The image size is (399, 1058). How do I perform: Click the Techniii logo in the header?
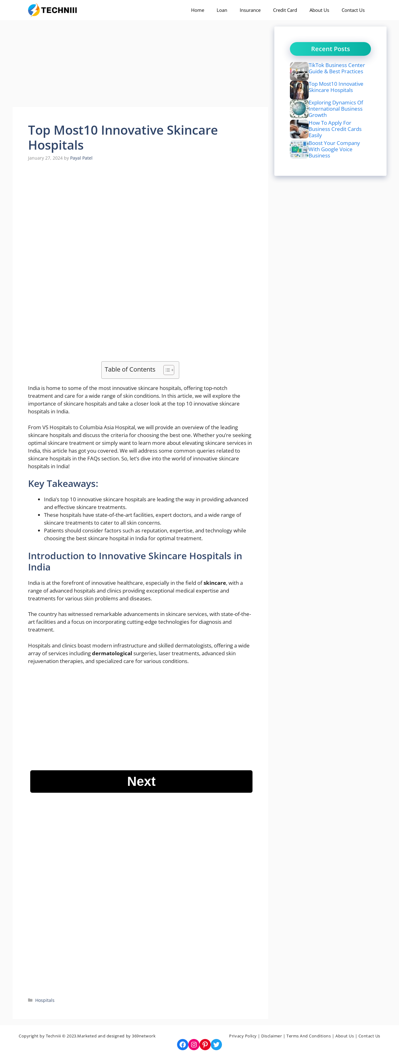53,10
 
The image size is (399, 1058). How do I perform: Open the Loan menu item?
222,10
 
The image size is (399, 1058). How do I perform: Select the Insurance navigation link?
250,10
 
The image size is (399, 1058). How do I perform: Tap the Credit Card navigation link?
285,10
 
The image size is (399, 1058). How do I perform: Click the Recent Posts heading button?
330,49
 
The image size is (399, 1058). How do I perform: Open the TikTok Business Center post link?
336,68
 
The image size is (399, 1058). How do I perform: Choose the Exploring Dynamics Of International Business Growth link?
335,109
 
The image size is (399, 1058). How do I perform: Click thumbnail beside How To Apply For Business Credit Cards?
299,129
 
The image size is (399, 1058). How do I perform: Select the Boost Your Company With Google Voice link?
334,149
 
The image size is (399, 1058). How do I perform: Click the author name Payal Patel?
81,158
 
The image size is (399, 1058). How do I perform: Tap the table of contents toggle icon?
169,370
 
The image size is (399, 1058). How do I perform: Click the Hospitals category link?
45,1000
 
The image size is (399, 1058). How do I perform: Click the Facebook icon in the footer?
183,1045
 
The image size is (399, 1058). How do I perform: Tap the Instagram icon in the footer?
194,1045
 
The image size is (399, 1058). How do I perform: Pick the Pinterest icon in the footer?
205,1045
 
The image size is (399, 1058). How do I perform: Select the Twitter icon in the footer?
216,1045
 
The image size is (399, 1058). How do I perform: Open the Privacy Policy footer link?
243,1036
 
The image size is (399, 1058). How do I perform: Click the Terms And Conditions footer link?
308,1036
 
